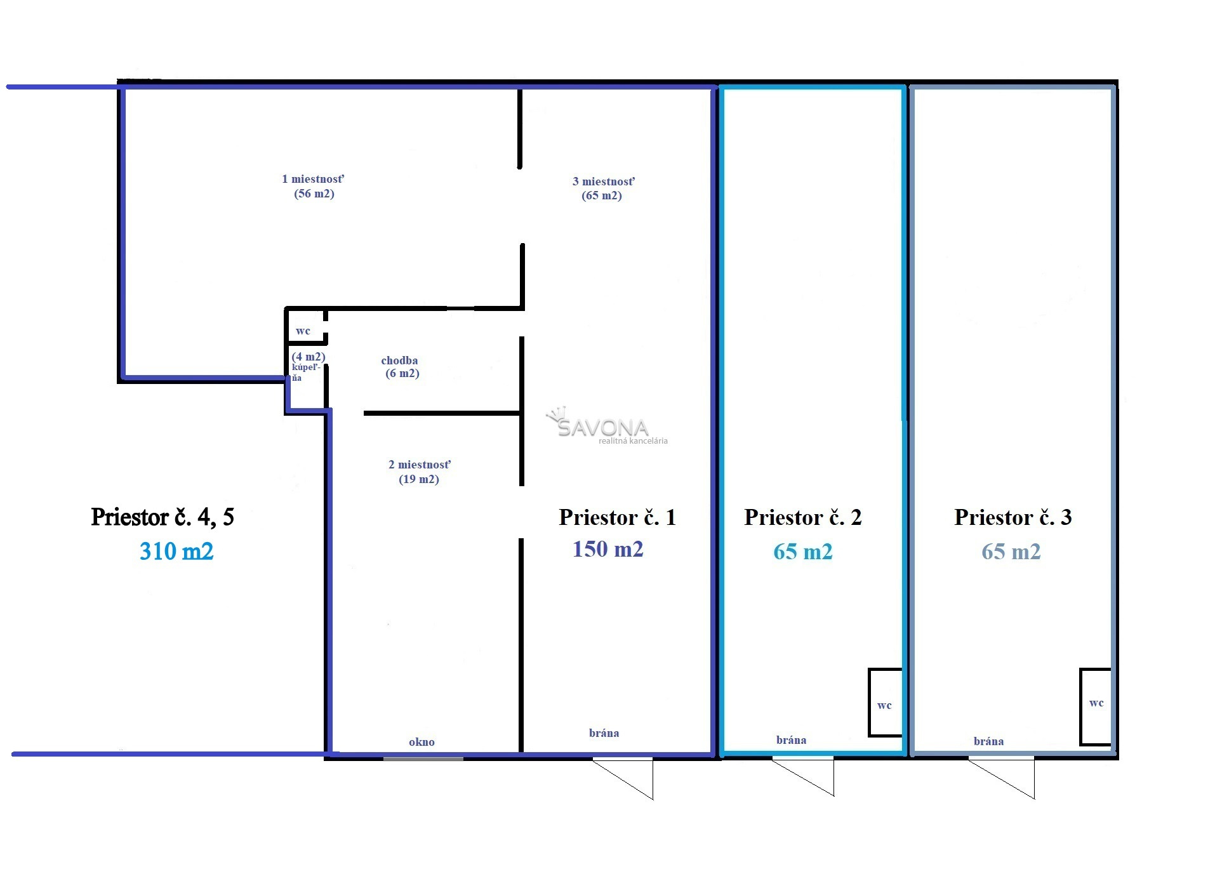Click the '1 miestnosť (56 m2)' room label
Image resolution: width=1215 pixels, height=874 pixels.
(313, 187)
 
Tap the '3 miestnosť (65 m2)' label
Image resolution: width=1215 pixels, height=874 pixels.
(603, 189)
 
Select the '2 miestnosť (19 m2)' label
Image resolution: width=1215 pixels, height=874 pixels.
(419, 472)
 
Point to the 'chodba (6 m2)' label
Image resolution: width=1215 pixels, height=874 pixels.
(401, 367)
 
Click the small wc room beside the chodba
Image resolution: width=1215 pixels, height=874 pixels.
(305, 326)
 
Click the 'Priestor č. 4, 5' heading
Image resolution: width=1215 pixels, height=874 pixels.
(163, 517)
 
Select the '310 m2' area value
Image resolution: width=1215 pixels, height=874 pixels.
(176, 552)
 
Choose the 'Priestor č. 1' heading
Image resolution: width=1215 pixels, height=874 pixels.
(617, 517)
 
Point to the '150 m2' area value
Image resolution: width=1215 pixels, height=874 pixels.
(607, 549)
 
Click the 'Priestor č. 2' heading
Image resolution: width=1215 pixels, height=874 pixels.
(803, 517)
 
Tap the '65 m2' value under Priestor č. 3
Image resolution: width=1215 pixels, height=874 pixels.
(1011, 552)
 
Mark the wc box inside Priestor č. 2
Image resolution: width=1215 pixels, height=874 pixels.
(885, 703)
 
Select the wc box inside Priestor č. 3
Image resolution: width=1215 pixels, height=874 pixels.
(1096, 706)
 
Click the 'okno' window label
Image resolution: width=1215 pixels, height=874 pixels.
(422, 742)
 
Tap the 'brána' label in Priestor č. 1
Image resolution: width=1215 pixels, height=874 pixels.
(604, 733)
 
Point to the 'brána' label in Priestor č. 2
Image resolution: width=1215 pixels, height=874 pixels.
(791, 740)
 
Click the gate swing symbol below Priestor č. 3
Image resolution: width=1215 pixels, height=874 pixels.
(1002, 778)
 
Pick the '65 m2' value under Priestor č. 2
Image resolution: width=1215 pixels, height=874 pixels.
(802, 552)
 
